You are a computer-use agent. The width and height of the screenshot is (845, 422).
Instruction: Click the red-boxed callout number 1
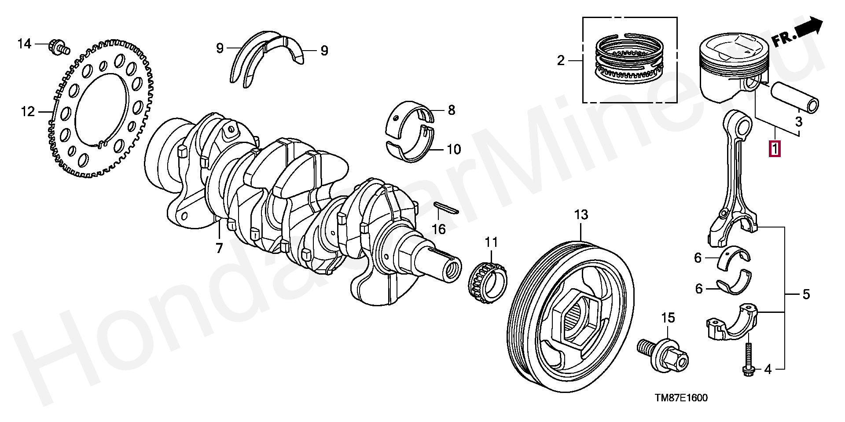775,149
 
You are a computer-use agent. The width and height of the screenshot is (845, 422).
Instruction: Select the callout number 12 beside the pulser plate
27,112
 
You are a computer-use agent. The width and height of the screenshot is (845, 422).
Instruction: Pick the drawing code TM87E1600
681,398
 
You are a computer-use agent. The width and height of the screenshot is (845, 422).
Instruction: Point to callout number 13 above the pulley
581,215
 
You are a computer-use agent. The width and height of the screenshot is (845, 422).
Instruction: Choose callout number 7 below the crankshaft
219,248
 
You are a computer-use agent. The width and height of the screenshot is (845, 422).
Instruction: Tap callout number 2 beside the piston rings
560,61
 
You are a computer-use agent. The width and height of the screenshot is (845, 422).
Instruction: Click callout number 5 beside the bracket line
805,294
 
